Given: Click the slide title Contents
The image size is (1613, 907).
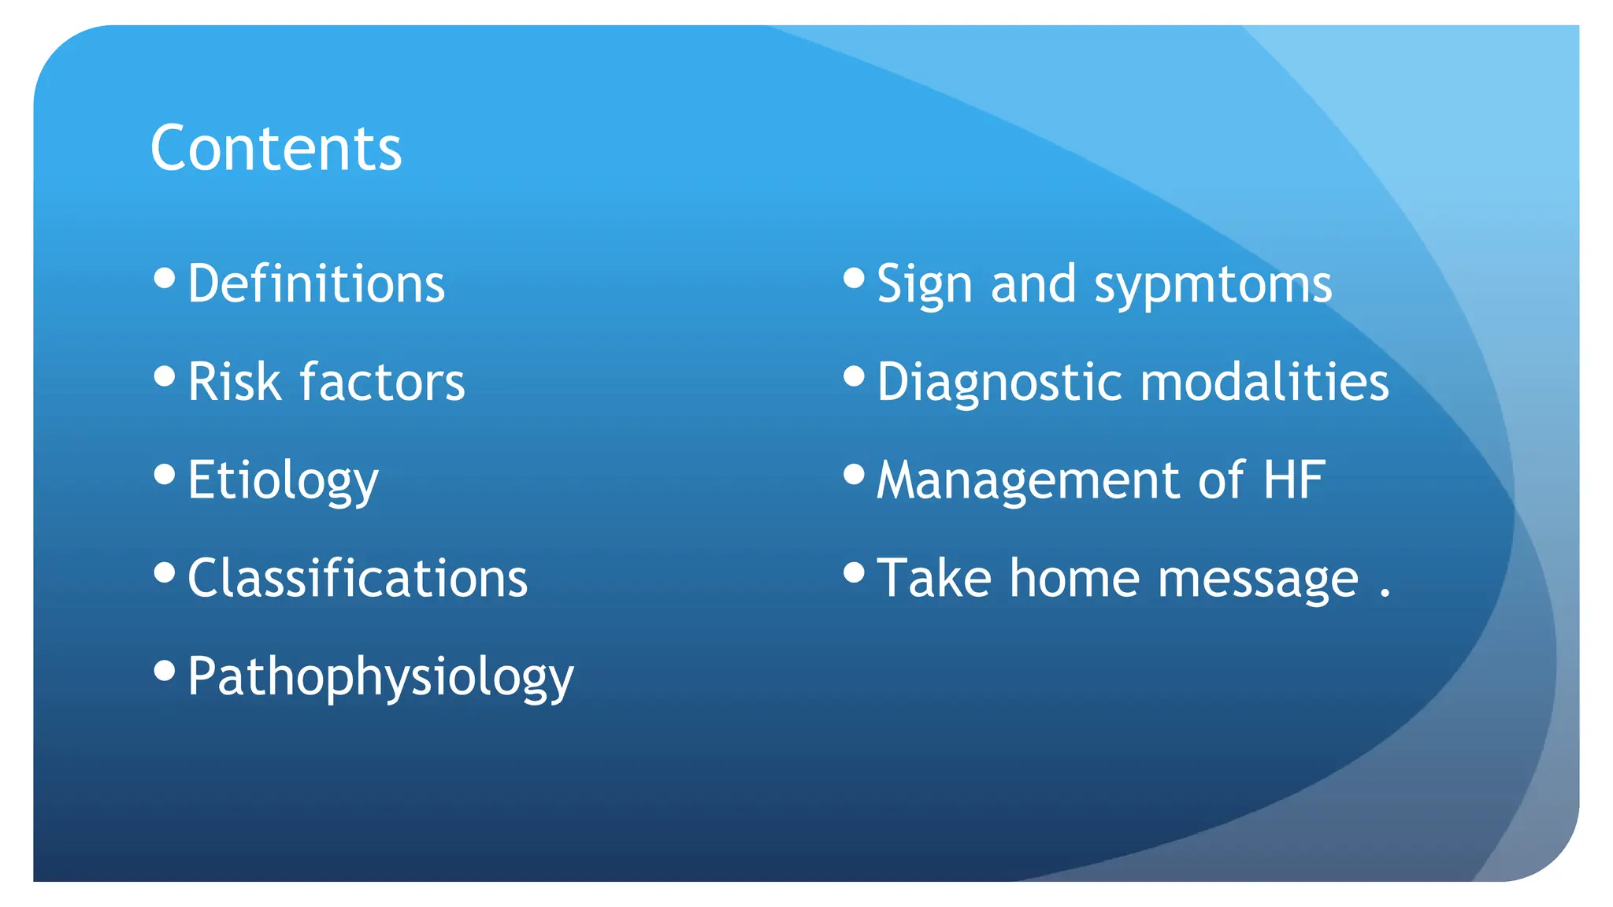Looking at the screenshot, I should pyautogui.click(x=276, y=149).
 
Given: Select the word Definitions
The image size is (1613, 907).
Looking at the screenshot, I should pyautogui.click(x=317, y=284).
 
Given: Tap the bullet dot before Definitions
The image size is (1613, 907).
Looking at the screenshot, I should pyautogui.click(x=165, y=278).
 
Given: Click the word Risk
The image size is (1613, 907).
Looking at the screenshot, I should pyautogui.click(x=234, y=383).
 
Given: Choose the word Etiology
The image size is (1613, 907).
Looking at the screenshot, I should pyautogui.click(x=283, y=481).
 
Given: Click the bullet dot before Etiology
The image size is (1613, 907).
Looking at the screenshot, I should pyautogui.click(x=165, y=475).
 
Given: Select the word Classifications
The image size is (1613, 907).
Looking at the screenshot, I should pyautogui.click(x=358, y=579).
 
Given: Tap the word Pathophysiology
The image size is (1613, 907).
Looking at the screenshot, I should pyautogui.click(x=380, y=677).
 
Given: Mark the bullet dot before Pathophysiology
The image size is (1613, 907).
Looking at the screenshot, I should pyautogui.click(x=165, y=671).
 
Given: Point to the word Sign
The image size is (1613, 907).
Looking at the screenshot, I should pyautogui.click(x=924, y=285).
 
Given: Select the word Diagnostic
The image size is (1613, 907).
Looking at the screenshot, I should pyautogui.click(x=999, y=383).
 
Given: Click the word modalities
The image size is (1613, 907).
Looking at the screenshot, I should pyautogui.click(x=1265, y=383).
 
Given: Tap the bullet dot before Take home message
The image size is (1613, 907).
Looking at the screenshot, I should pyautogui.click(x=854, y=572).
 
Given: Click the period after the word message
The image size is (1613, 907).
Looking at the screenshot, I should pyautogui.click(x=1385, y=595).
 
